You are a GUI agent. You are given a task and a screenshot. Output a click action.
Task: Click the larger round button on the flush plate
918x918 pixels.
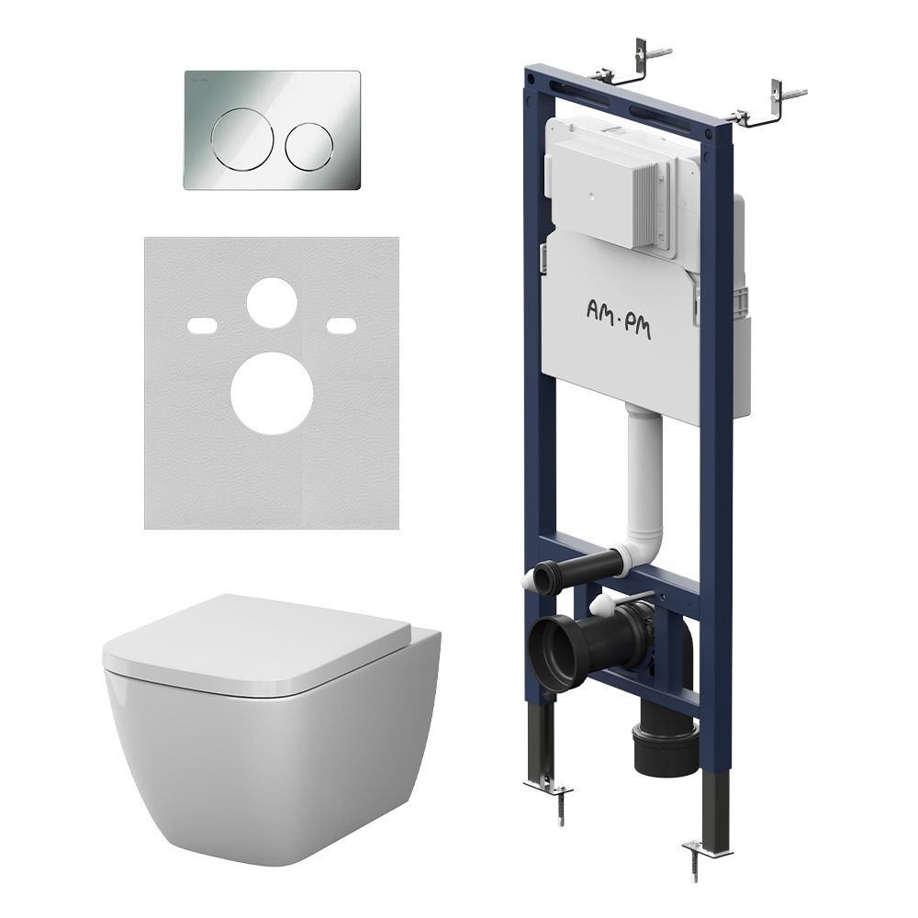coord(242,140)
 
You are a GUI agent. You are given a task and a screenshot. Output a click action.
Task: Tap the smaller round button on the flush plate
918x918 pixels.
coord(309,146)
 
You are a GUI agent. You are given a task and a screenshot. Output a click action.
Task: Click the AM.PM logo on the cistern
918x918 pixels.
coord(618,318)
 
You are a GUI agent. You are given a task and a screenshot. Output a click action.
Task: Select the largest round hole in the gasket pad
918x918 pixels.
coord(272,394)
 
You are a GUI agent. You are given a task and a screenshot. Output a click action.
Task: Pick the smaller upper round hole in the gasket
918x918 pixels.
coord(272,302)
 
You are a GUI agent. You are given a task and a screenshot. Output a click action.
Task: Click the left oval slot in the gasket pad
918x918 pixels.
coord(202,325)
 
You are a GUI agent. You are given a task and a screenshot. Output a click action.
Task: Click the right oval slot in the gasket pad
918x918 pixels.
coord(341,325)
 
